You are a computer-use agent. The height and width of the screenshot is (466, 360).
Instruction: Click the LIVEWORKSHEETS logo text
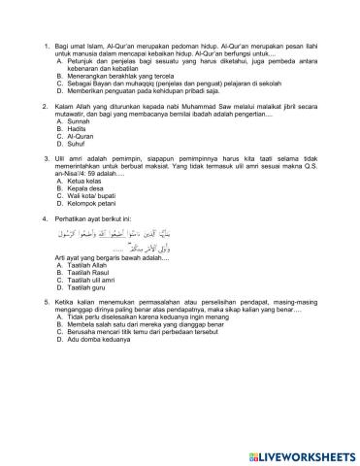306,455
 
